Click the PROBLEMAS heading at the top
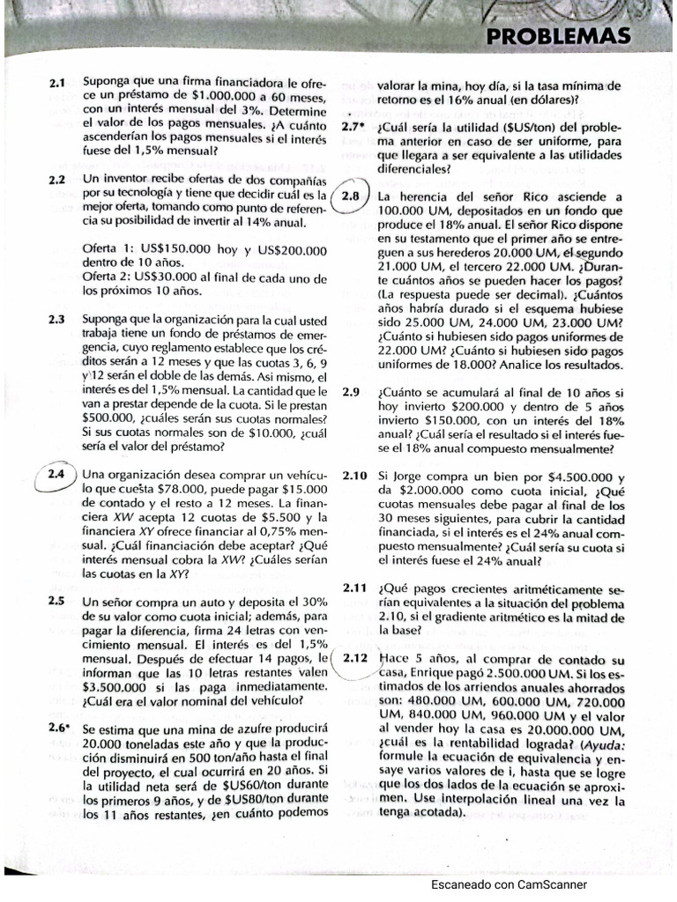[560, 35]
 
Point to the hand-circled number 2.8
[352, 196]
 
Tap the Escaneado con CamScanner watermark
[509, 885]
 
